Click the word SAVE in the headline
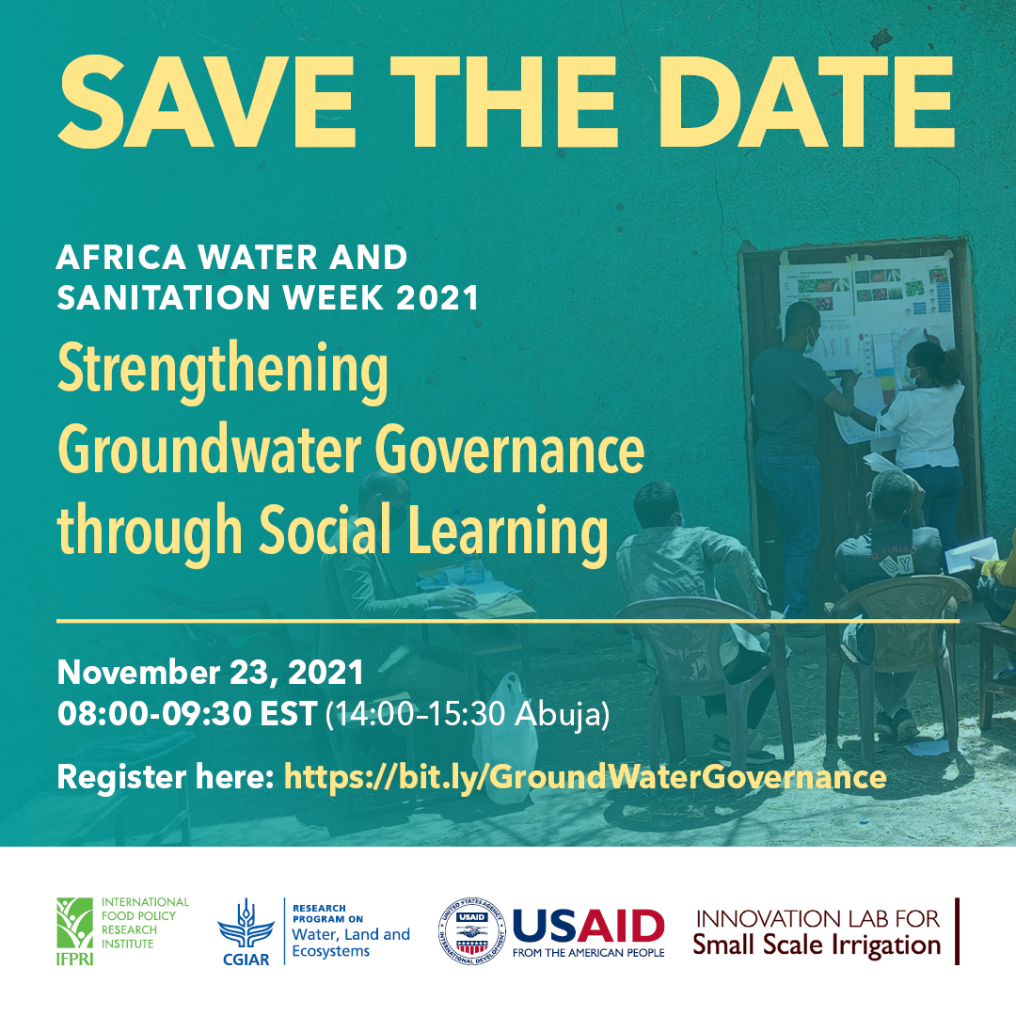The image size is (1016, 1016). pyautogui.click(x=207, y=102)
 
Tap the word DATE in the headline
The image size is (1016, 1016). pyautogui.click(x=806, y=102)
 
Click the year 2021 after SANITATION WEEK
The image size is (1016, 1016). pyautogui.click(x=437, y=297)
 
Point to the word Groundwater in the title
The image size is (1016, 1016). pyautogui.click(x=209, y=450)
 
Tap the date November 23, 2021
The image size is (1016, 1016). pyautogui.click(x=210, y=673)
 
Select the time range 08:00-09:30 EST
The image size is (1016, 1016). pyautogui.click(x=187, y=713)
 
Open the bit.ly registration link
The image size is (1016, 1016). pyautogui.click(x=585, y=776)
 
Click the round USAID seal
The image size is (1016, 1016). pyautogui.click(x=471, y=931)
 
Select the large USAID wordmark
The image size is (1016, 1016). pyautogui.click(x=588, y=926)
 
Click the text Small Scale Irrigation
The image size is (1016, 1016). pyautogui.click(x=817, y=945)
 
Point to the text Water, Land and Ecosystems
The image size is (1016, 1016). pyautogui.click(x=351, y=942)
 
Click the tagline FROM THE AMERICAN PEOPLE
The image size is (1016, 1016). pyautogui.click(x=588, y=952)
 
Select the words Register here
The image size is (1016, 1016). pyautogui.click(x=166, y=776)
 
